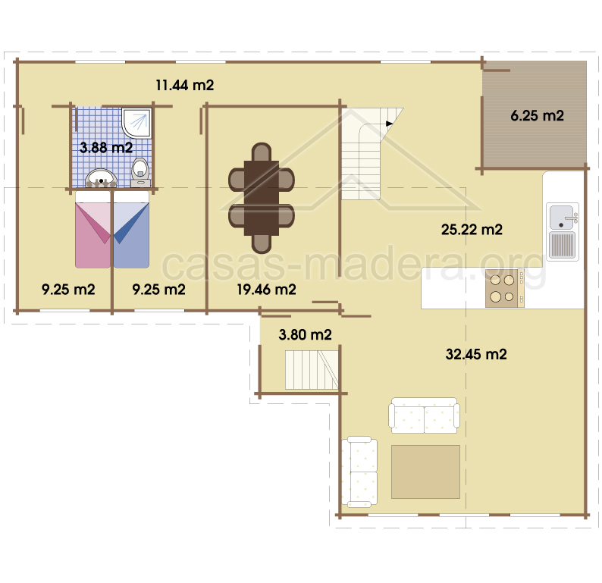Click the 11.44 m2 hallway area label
[185, 85]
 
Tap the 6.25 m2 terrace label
[537, 115]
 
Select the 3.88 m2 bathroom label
[106, 147]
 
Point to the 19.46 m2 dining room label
[266, 290]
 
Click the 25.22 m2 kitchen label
[472, 230]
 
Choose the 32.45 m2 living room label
[476, 354]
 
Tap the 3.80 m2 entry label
[306, 334]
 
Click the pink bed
[93, 230]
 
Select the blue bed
[131, 230]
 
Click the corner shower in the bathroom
[136, 122]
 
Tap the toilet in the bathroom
[140, 173]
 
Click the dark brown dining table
[262, 198]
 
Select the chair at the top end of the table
[262, 152]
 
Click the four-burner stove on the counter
[504, 288]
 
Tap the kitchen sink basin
[562, 218]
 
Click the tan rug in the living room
[425, 472]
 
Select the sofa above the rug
[424, 415]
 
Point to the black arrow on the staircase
[389, 124]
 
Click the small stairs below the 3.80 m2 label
[312, 370]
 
